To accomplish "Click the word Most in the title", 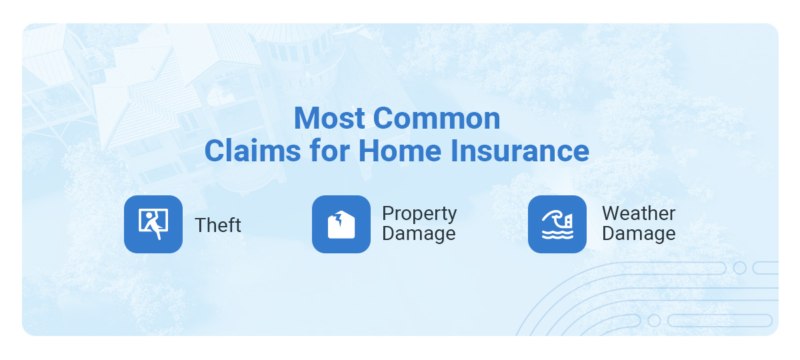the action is pos(329,118).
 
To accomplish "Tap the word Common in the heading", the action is pos(437,118).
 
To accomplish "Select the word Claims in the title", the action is pos(253,151).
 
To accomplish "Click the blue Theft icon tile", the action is pos(153,224).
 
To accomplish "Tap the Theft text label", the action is pos(218,225).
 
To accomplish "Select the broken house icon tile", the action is pos(341,224).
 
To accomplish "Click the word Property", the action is pos(419,214).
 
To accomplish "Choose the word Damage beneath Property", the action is pos(419,233).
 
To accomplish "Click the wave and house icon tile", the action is pos(557,224).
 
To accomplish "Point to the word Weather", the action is pos(639,213).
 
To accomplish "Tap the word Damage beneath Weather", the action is pos(639,233).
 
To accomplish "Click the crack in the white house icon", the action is pos(338,219).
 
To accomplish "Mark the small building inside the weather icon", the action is pos(569,221).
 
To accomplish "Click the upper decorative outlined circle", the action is pos(739,268).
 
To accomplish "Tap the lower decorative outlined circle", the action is pos(654,321).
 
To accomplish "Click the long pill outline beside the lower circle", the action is pos(720,321).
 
